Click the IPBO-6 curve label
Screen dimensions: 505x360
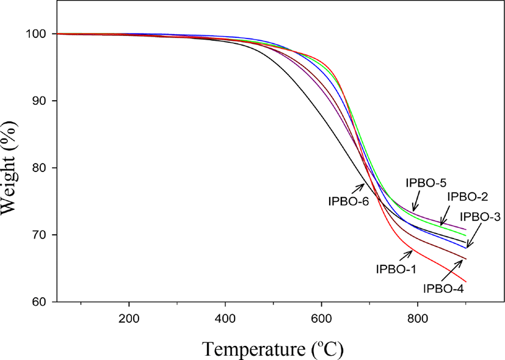pos(349,201)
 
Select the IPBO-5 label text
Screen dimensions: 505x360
pos(426,183)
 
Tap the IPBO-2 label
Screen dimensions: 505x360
pos(468,196)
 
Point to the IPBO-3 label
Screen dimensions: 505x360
pos(480,217)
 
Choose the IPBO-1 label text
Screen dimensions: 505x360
pos(396,269)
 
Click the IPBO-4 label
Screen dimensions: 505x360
pos(443,289)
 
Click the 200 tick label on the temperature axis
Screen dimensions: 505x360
pos(129,319)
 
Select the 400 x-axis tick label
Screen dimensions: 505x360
pos(225,319)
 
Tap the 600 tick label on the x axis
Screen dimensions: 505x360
pos(321,319)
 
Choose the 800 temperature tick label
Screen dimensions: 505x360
pos(418,319)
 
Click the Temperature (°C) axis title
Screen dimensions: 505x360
pos(273,350)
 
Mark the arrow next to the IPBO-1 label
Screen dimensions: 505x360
pos(406,256)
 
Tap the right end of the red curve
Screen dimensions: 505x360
pos(466,282)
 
